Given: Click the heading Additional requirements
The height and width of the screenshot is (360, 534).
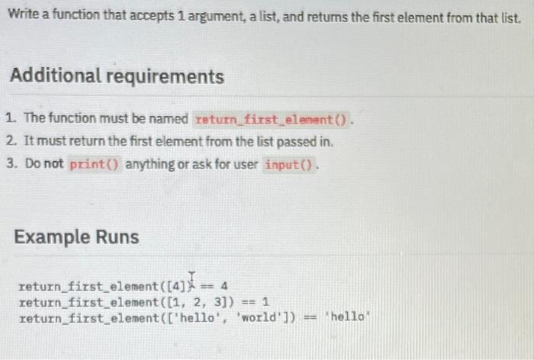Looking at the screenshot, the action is (116, 76).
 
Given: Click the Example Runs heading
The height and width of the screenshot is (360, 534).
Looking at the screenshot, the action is (76, 236).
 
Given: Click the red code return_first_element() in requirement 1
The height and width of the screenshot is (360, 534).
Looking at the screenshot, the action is (272, 119).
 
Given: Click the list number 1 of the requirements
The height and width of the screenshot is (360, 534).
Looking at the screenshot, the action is (9, 119).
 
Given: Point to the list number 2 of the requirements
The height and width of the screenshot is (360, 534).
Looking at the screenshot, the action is (9, 141).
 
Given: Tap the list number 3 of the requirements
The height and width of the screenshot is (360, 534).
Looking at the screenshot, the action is (9, 164).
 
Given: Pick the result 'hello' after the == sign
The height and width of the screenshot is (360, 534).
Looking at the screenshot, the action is (347, 317).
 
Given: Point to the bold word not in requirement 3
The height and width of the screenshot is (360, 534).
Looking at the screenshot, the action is (54, 164).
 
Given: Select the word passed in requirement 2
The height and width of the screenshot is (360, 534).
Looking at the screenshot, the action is (296, 141).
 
